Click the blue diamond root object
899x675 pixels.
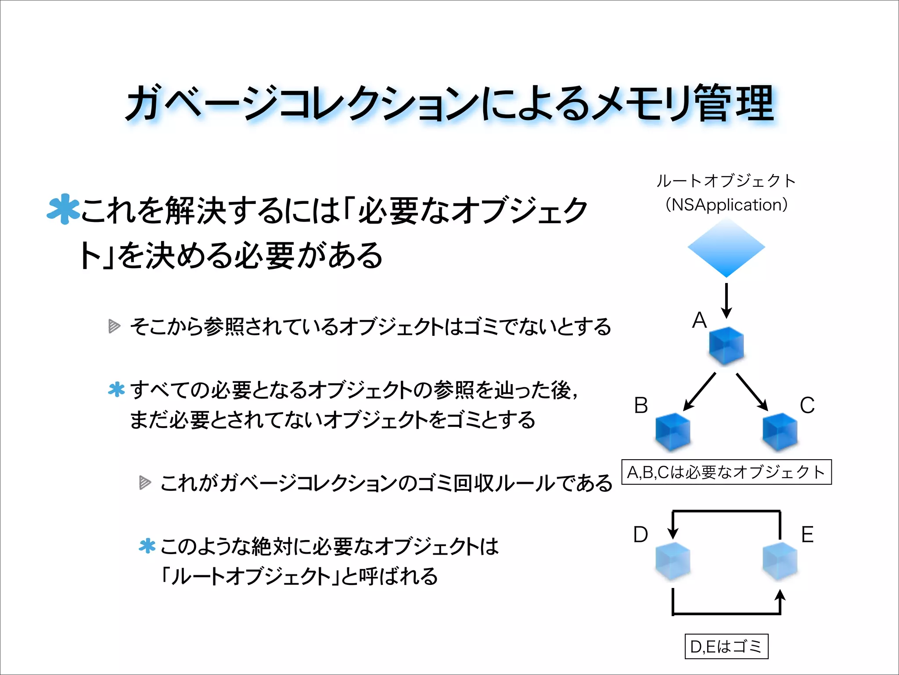coord(726,247)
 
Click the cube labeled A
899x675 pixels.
coord(726,346)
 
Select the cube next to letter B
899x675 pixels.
coord(672,432)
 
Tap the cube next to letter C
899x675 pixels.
coord(780,432)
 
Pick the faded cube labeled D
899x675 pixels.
coord(672,561)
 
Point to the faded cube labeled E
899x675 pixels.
coord(780,561)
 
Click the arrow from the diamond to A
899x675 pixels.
coord(726,301)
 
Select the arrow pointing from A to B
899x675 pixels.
coord(700,392)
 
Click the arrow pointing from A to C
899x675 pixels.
coord(752,392)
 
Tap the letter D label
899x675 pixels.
coord(640,534)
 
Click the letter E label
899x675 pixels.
coord(807,534)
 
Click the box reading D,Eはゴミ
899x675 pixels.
coord(726,646)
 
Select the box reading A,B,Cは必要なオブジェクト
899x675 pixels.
coord(726,472)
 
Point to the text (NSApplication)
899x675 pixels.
coord(726,205)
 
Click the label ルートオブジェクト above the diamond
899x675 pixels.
coord(726,181)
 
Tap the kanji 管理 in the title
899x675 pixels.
coord(736,104)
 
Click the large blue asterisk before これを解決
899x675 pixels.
coord(64,209)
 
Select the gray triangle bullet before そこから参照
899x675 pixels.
coord(114,326)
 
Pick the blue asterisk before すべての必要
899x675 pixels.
coord(117,389)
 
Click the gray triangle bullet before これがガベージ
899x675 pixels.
coord(145,483)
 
